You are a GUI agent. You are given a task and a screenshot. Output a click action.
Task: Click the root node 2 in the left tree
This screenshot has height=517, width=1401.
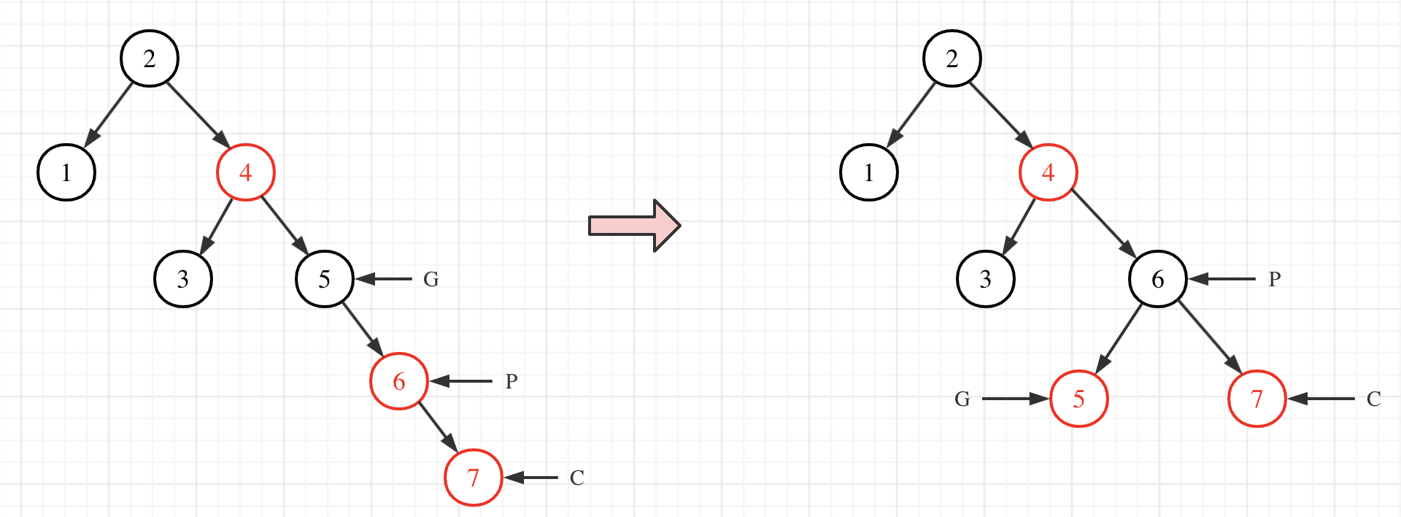150,58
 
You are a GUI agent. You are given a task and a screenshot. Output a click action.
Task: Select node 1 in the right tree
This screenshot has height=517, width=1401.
869,172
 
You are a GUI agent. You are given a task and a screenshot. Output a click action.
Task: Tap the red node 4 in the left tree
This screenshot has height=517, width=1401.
246,172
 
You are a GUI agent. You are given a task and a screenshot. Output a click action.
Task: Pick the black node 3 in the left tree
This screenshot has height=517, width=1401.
183,279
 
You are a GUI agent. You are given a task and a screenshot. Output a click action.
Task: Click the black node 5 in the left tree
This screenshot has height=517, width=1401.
325,279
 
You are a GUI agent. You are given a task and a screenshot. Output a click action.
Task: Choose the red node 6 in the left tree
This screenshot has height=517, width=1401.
399,381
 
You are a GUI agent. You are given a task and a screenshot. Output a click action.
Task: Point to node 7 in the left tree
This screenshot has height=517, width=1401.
474,478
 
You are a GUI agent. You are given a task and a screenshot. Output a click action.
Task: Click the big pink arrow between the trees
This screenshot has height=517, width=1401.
634,226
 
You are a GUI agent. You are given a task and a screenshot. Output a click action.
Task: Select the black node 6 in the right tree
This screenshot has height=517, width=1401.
1158,279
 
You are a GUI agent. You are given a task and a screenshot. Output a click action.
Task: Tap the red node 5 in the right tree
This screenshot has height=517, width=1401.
1079,399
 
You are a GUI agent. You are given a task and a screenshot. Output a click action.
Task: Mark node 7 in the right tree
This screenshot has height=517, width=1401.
1257,399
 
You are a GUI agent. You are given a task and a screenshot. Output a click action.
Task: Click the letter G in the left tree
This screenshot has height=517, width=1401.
431,280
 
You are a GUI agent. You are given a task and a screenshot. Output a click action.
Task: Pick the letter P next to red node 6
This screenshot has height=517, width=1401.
512,382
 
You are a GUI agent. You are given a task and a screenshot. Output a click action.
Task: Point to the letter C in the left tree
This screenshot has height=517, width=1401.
577,478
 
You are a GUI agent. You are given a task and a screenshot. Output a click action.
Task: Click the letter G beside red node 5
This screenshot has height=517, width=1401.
962,399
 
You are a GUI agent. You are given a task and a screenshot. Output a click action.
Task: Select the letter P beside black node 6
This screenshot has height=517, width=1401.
1275,280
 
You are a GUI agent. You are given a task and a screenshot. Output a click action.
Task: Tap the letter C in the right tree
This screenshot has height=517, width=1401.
1374,399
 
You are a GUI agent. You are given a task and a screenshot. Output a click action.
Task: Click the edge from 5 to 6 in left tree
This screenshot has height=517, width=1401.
362,330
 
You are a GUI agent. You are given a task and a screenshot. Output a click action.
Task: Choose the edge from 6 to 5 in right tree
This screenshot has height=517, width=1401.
1119,338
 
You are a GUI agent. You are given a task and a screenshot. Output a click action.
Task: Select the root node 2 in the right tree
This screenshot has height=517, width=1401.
952,58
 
